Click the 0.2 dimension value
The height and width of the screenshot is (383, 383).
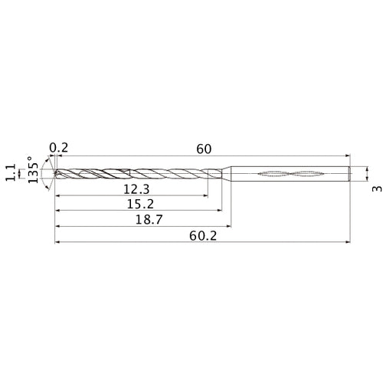click(58, 148)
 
